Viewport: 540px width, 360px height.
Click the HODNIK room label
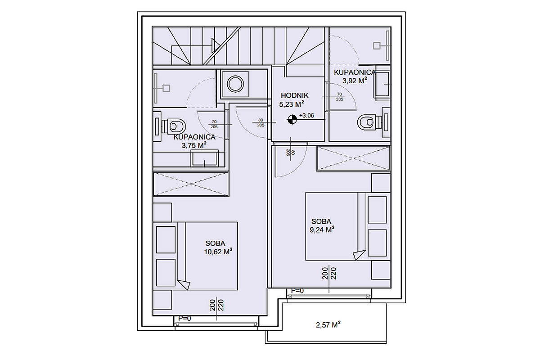tap(294, 95)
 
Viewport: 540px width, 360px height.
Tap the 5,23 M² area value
tap(294, 104)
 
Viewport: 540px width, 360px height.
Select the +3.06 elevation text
tap(306, 115)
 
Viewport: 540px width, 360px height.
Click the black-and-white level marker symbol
tap(292, 119)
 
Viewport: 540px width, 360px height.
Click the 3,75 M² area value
tap(194, 145)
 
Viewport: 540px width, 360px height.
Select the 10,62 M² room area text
tap(218, 251)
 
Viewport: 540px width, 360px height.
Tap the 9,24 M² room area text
tap(322, 229)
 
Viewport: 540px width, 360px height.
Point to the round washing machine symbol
tap(235, 84)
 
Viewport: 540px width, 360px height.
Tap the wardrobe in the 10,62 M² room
tap(191, 184)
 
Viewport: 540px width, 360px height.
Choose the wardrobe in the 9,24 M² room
tap(353, 158)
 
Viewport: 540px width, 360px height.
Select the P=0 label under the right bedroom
tap(297, 291)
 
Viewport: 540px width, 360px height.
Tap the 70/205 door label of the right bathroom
tap(340, 96)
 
